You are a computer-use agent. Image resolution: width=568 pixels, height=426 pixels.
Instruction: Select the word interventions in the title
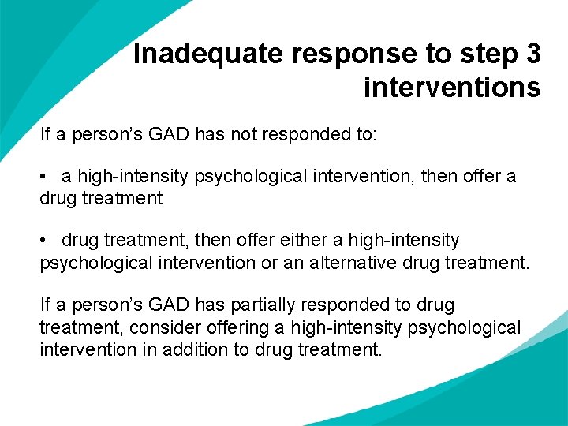point(452,87)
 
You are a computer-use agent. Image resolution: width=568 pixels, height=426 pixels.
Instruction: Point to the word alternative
point(342,261)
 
